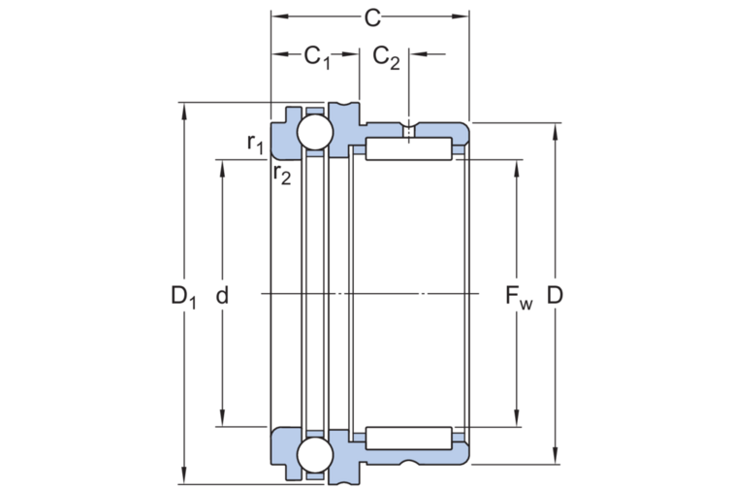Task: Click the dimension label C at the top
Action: click(x=369, y=16)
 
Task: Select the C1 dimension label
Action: click(x=317, y=57)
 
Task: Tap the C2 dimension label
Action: click(x=386, y=57)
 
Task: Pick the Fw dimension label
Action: click(x=517, y=297)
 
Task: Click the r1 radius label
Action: click(x=255, y=144)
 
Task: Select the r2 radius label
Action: click(x=281, y=174)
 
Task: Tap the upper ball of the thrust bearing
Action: click(x=314, y=133)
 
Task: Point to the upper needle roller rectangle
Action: click(x=408, y=149)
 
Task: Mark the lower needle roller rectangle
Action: click(x=408, y=437)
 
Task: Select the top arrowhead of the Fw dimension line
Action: click(x=515, y=161)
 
